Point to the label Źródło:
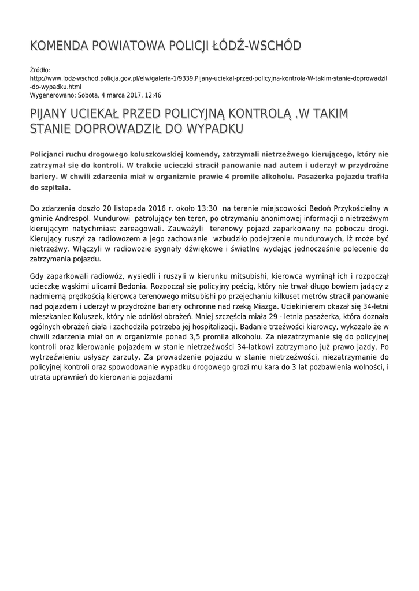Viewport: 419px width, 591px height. click(x=40, y=69)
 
